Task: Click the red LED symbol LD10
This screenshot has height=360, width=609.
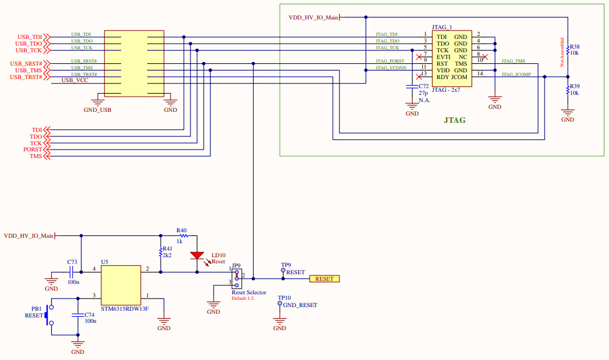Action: (197, 255)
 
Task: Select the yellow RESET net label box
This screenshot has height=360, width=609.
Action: (324, 279)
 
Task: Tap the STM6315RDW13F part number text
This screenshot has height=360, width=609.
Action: (124, 308)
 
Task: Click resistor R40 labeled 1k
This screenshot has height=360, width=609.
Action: (182, 235)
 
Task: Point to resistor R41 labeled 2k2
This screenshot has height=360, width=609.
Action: (160, 251)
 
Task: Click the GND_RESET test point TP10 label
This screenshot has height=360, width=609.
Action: (299, 305)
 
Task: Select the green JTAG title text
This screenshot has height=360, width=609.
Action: (454, 120)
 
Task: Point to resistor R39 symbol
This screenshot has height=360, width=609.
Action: (568, 89)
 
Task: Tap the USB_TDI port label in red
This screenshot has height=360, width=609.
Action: (29, 37)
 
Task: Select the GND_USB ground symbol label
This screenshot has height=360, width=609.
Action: (97, 110)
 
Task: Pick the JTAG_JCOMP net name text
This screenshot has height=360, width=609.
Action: (516, 74)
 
